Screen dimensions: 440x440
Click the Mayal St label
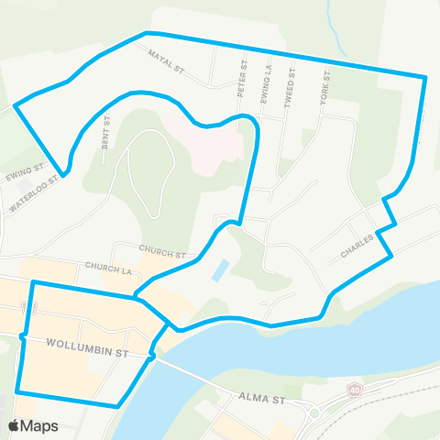[168, 60]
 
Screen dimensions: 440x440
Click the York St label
[324, 85]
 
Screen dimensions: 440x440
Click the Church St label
[162, 249]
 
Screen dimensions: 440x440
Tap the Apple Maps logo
[32, 425]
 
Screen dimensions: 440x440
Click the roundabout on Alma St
[314, 412]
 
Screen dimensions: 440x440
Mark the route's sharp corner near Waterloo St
[64, 171]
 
